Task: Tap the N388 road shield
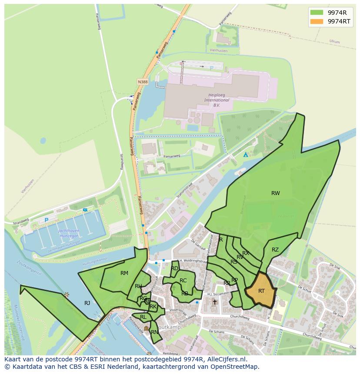[142, 82]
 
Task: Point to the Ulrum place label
[334, 42]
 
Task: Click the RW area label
[276, 193]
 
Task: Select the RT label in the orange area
[261, 291]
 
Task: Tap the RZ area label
[275, 250]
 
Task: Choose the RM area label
[124, 273]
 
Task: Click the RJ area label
[87, 303]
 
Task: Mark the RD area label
[175, 268]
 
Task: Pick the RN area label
[154, 332]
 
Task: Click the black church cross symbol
[214, 302]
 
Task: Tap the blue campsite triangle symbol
[246, 155]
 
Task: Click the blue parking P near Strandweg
[46, 220]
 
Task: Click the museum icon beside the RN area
[146, 328]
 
